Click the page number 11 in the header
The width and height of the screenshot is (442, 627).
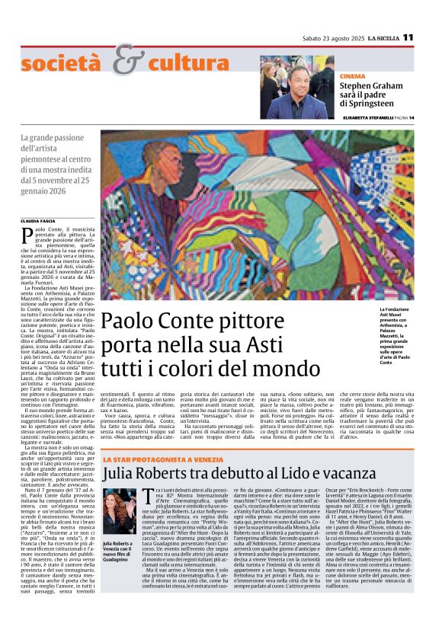click(x=408, y=37)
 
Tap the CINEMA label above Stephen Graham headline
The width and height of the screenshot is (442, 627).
click(x=352, y=77)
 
